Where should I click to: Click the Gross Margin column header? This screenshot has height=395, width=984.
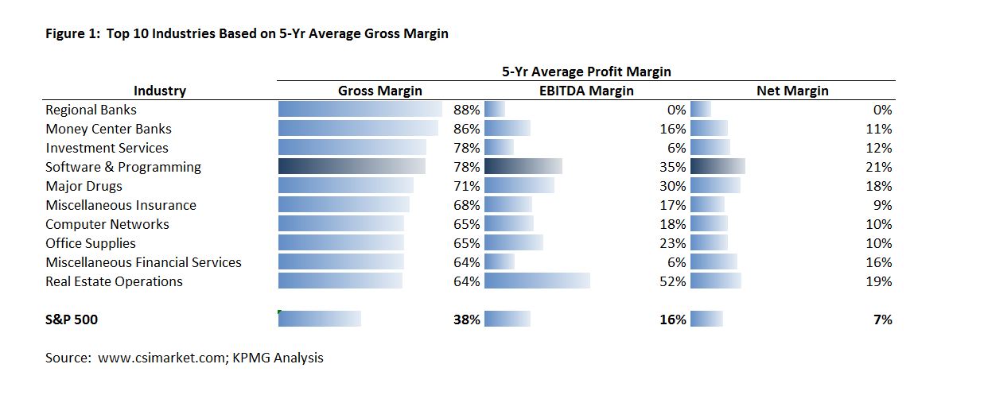pyautogui.click(x=380, y=91)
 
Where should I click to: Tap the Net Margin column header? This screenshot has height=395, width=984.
pyautogui.click(x=792, y=91)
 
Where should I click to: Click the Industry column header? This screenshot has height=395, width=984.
pyautogui.click(x=160, y=91)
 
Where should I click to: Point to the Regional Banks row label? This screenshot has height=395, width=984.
pyautogui.click(x=91, y=110)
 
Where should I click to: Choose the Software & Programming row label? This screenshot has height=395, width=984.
pyautogui.click(x=123, y=167)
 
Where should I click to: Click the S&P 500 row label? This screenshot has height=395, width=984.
pyautogui.click(x=72, y=319)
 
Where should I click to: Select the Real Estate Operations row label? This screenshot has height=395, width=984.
pyautogui.click(x=114, y=281)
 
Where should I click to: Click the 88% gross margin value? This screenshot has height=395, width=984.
pyautogui.click(x=467, y=110)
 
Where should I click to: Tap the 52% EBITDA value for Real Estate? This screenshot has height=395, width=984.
pyautogui.click(x=673, y=281)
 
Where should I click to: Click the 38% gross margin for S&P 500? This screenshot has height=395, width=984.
pyautogui.click(x=467, y=319)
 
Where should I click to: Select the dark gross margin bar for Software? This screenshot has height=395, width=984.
pyautogui.click(x=352, y=167)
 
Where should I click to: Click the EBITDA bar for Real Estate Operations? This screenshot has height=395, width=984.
pyautogui.click(x=537, y=281)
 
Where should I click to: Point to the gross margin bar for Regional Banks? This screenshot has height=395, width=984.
pyautogui.click(x=360, y=110)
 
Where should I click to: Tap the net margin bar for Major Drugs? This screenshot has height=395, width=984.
pyautogui.click(x=715, y=186)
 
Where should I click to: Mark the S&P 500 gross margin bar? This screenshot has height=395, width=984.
pyautogui.click(x=319, y=319)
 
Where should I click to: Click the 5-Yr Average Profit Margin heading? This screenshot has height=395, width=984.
pyautogui.click(x=586, y=72)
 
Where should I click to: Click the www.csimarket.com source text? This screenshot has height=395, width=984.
pyautogui.click(x=163, y=358)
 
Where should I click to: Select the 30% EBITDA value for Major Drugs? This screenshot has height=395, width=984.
pyautogui.click(x=673, y=186)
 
